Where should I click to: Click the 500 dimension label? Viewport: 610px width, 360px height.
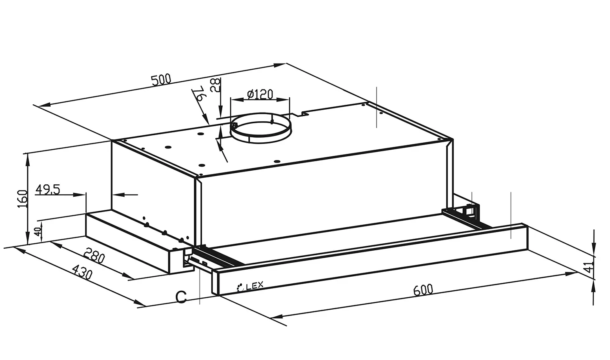click(x=161, y=80)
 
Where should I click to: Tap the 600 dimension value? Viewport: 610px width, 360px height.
click(x=423, y=290)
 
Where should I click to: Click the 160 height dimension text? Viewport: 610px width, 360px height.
click(x=22, y=199)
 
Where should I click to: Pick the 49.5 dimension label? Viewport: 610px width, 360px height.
click(x=48, y=190)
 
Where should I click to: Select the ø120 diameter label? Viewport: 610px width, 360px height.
click(x=260, y=94)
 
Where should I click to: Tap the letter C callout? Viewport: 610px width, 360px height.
click(x=181, y=297)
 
